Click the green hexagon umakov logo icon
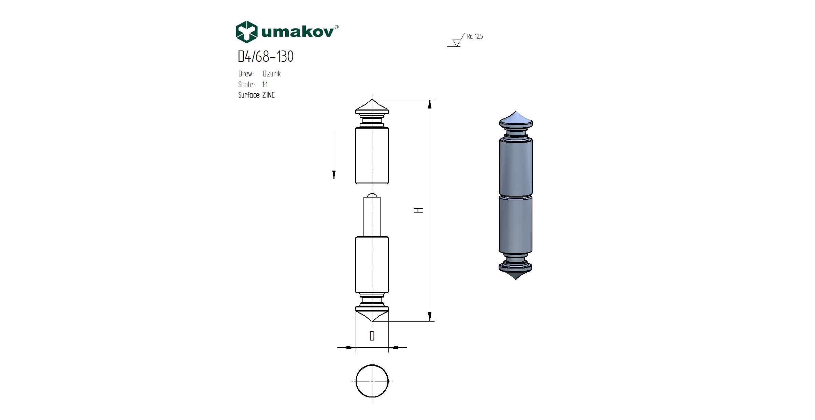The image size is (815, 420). coord(246,32)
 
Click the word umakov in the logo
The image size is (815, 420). coord(298,32)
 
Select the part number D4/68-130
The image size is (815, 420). coord(266,57)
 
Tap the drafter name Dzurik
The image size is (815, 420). coord(272,74)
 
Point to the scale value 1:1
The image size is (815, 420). coord(265,85)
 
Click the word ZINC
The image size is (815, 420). coord(268,95)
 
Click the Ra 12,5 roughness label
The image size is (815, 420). coord(475,37)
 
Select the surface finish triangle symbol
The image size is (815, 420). coord(456,43)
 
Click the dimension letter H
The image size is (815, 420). coord(419,210)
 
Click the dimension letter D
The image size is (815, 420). coord(372,336)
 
